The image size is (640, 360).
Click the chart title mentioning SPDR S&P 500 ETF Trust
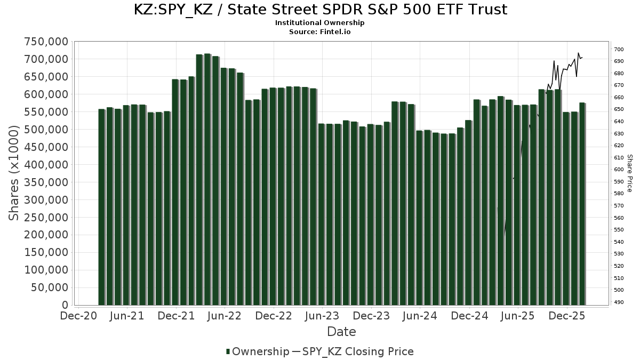(x=320, y=10)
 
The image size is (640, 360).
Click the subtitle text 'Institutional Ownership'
(x=320, y=23)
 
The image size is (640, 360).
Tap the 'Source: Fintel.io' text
(x=320, y=32)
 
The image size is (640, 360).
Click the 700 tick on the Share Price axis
(x=619, y=50)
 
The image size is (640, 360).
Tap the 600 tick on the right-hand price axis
(x=619, y=170)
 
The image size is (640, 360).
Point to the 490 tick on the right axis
(x=619, y=302)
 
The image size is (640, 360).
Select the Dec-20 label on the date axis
(x=78, y=316)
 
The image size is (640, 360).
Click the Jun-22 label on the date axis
(x=224, y=316)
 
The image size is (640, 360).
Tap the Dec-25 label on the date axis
(x=567, y=316)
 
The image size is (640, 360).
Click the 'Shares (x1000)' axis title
(x=15, y=173)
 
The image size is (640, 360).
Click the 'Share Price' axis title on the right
(x=630, y=173)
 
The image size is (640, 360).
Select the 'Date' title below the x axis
(x=341, y=332)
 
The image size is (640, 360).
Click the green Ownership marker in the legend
(x=228, y=351)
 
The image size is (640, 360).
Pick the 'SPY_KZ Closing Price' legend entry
(x=358, y=351)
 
